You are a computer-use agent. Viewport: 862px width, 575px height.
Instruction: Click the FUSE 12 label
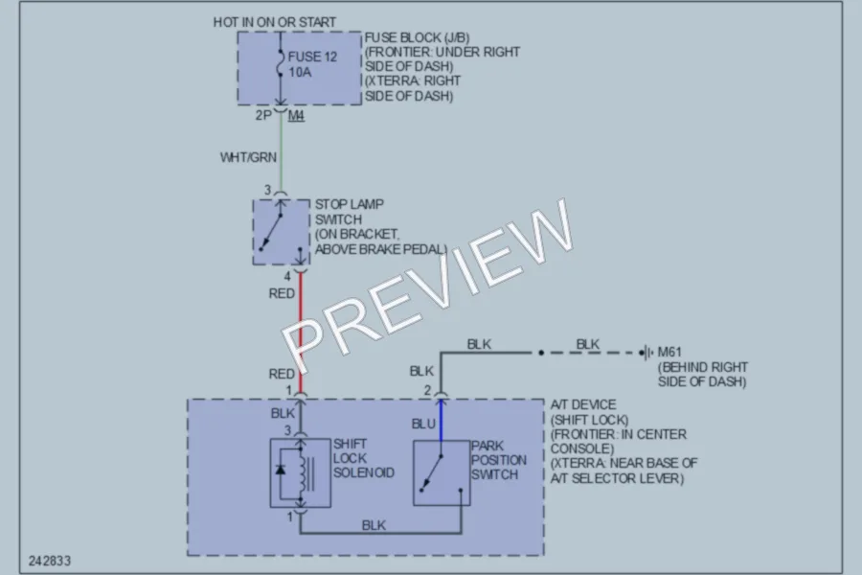tap(312, 57)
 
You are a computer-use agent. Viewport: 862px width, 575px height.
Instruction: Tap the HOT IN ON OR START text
tap(274, 23)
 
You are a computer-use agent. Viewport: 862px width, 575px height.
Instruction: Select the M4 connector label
tap(296, 116)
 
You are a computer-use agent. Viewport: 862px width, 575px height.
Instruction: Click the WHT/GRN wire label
tap(248, 157)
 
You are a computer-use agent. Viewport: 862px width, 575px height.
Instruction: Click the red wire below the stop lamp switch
tap(301, 333)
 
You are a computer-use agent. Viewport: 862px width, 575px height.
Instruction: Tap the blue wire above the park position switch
tap(441, 421)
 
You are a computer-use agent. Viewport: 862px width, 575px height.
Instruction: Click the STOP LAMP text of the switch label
tap(349, 204)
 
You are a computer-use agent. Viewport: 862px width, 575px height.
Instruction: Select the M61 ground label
tap(669, 352)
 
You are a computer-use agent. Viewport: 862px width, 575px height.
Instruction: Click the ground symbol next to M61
tap(648, 352)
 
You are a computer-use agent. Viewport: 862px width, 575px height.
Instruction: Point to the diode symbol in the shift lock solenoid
tap(281, 470)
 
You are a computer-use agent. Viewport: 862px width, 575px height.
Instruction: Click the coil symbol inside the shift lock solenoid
tap(302, 472)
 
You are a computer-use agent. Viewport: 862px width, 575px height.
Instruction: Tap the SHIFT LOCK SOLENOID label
tap(363, 458)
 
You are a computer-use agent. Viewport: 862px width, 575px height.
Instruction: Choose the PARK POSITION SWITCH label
tap(499, 460)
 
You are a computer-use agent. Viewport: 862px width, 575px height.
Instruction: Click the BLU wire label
tap(423, 424)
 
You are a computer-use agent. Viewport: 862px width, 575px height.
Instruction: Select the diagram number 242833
tap(50, 561)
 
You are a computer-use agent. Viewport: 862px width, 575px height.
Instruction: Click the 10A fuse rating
tap(300, 72)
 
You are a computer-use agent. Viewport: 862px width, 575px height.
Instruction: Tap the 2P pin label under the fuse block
tap(263, 116)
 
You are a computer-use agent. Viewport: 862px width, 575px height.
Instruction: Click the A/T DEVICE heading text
tap(583, 405)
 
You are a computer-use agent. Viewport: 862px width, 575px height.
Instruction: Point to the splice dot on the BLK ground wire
tap(541, 353)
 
